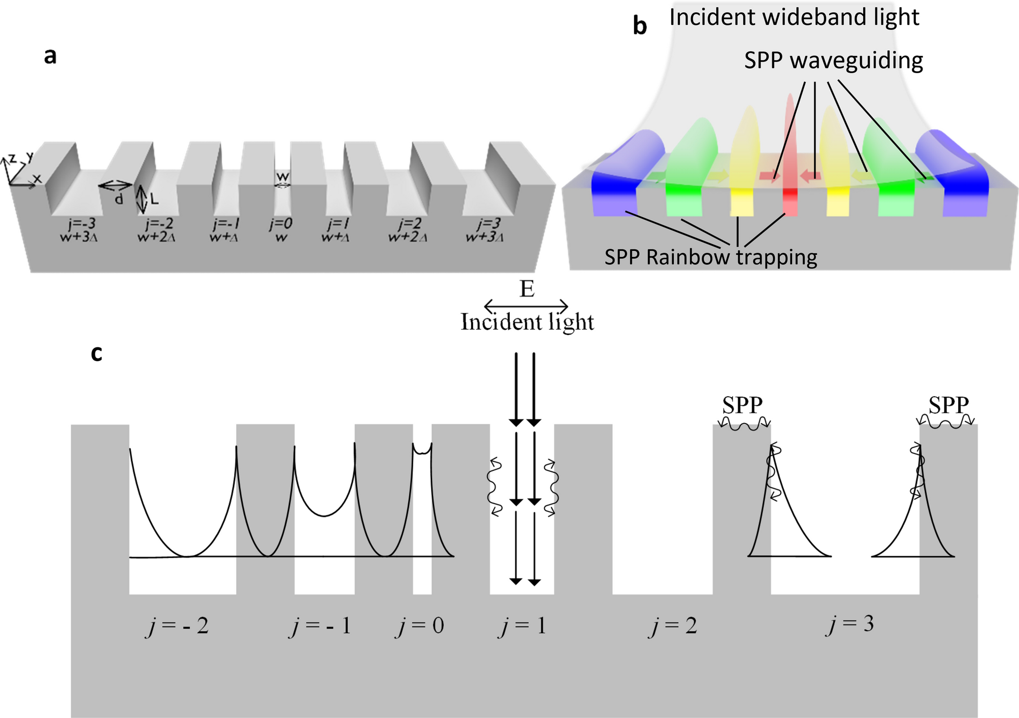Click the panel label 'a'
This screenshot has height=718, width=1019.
click(x=50, y=56)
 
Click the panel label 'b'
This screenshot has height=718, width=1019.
click(x=640, y=25)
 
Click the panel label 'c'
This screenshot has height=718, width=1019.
click(x=96, y=353)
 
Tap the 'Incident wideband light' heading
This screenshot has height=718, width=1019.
click(x=794, y=17)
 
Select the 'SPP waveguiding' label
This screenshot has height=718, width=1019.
click(x=833, y=60)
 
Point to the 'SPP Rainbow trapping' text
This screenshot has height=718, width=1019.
click(x=710, y=257)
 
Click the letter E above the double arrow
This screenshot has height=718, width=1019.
click(x=527, y=289)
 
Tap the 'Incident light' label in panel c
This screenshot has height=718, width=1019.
click(x=527, y=322)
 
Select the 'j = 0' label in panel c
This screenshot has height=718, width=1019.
click(x=420, y=626)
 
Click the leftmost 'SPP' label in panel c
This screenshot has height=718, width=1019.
click(x=742, y=405)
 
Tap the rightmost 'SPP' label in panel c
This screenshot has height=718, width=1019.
click(x=948, y=405)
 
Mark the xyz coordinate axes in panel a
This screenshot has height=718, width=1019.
click(x=20, y=170)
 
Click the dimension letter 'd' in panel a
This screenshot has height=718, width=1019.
click(x=118, y=199)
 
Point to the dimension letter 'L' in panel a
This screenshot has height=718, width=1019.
click(x=154, y=199)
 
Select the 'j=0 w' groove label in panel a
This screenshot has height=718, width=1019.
click(x=281, y=230)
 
